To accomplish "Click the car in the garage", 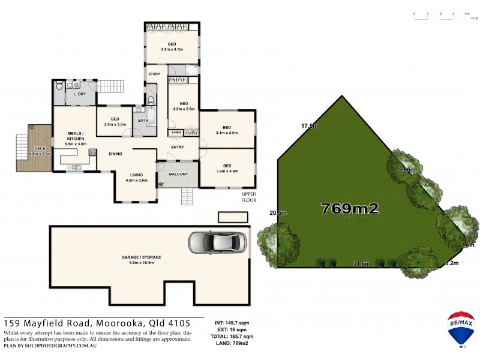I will click(x=209, y=242).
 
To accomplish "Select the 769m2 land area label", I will click(x=350, y=209).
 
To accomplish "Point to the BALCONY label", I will click(x=178, y=175).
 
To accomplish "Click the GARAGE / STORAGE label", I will click(x=142, y=257).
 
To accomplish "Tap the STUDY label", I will click(x=154, y=74).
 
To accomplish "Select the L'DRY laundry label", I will click(x=79, y=94).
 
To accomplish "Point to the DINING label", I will click(x=115, y=154).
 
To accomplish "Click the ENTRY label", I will click(x=178, y=147).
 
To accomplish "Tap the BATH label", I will click(x=143, y=121).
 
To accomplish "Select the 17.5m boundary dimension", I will click(x=309, y=126).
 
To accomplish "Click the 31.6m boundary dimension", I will click(x=361, y=263).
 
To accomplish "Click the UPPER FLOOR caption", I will click(x=248, y=197).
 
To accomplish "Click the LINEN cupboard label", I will click(x=176, y=132).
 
